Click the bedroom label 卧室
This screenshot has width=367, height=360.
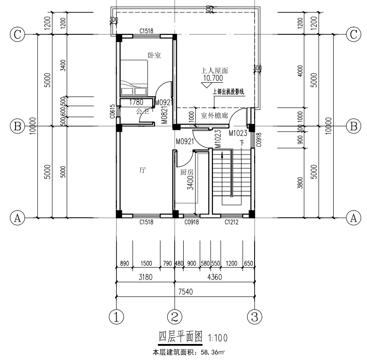154,55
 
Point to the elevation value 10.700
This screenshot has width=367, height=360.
213,79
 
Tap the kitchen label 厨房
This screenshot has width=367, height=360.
187,172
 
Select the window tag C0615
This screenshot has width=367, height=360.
112,112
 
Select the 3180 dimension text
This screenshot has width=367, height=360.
145,277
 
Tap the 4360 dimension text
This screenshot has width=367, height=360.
214,277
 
